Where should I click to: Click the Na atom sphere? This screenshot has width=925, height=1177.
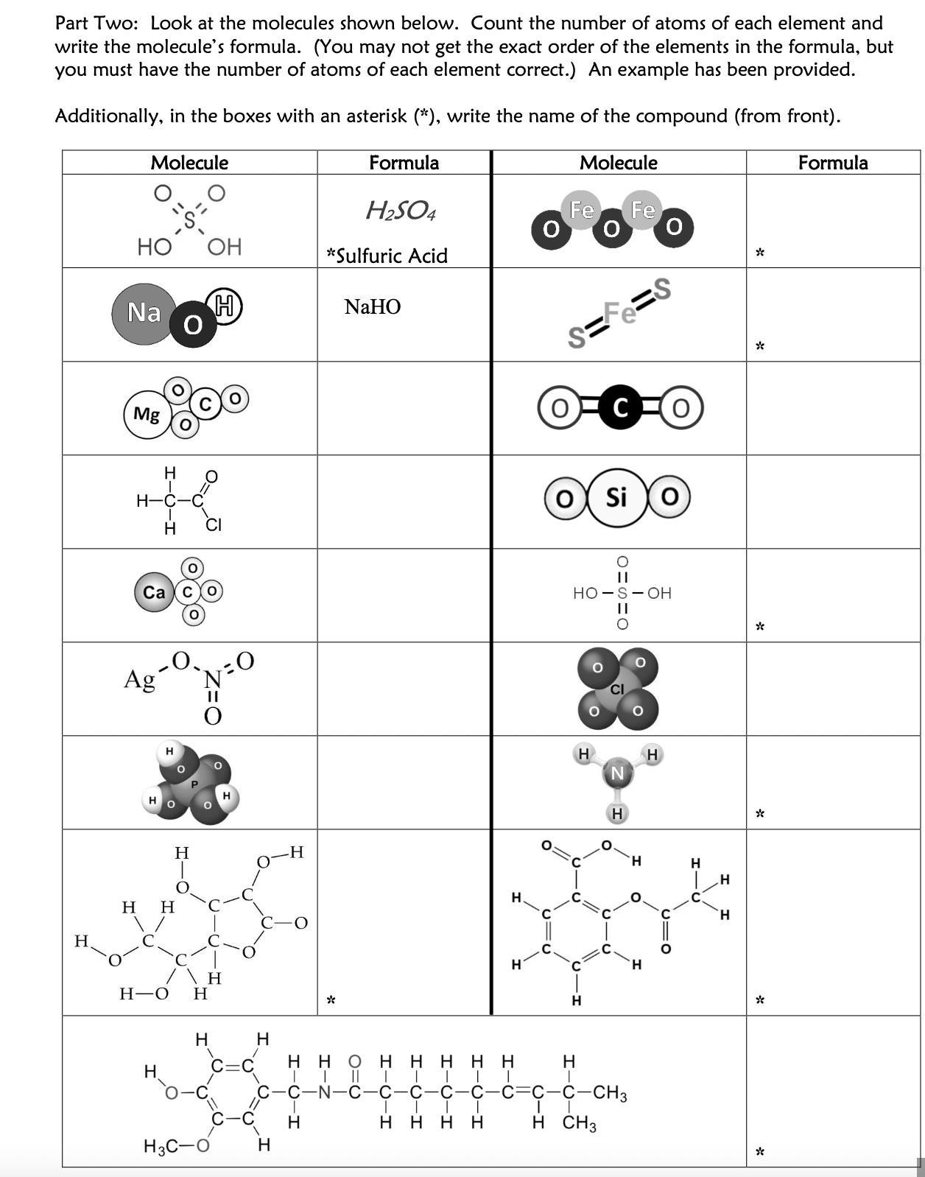(x=144, y=313)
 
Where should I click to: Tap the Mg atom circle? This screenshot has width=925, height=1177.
(x=147, y=415)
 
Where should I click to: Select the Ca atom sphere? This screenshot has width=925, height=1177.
(x=154, y=592)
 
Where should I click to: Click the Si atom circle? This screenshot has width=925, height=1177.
(x=616, y=499)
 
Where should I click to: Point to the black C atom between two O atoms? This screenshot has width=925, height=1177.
(x=620, y=408)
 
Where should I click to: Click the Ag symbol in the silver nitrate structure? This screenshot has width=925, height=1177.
(x=139, y=678)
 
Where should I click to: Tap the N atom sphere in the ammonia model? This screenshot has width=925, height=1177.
(x=617, y=773)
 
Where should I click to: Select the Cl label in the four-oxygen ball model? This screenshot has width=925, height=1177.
(x=617, y=689)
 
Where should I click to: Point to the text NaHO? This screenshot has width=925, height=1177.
(x=372, y=306)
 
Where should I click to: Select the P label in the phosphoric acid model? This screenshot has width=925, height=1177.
(x=194, y=784)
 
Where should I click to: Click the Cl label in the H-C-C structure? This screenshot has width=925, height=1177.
(x=214, y=525)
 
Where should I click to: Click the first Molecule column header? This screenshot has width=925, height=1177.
(x=189, y=163)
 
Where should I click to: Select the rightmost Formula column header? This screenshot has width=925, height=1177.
(x=833, y=163)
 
